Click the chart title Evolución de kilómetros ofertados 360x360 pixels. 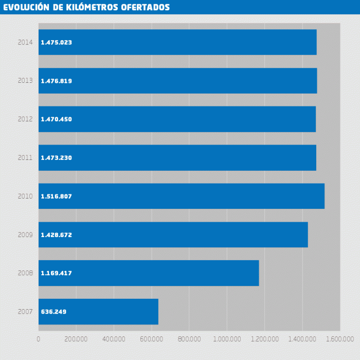(86, 7)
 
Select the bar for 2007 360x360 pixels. (98, 312)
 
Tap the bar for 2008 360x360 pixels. (149, 273)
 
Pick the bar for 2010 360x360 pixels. (182, 196)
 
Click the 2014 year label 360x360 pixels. (25, 42)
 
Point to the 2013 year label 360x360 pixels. (25, 81)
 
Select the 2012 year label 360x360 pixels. (25, 119)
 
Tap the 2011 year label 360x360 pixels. (25, 158)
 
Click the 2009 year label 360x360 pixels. (25, 235)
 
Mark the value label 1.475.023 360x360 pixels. (56, 43)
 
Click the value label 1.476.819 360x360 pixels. (56, 81)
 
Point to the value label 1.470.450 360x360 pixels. (56, 119)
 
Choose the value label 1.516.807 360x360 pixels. (56, 196)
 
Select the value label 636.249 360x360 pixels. (53, 312)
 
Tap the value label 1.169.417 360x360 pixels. (56, 274)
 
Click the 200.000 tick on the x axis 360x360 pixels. (76, 339)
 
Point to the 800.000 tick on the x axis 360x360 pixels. (189, 339)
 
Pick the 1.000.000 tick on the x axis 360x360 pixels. (227, 339)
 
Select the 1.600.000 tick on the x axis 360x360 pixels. (340, 339)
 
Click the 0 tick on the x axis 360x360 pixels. (39, 339)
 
